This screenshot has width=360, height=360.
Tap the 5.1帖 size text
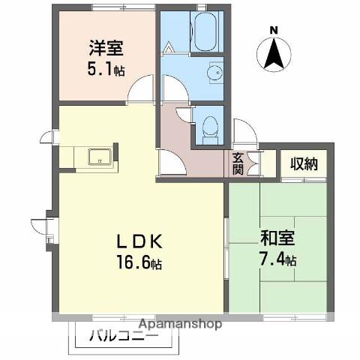(x=105, y=69)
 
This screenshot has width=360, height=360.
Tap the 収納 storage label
(x=304, y=163)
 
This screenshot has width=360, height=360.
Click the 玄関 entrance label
(x=238, y=163)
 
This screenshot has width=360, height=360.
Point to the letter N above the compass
(x=274, y=30)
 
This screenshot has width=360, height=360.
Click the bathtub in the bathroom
(x=206, y=34)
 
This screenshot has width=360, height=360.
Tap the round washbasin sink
(x=213, y=73)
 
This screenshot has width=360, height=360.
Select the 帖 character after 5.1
(x=120, y=70)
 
